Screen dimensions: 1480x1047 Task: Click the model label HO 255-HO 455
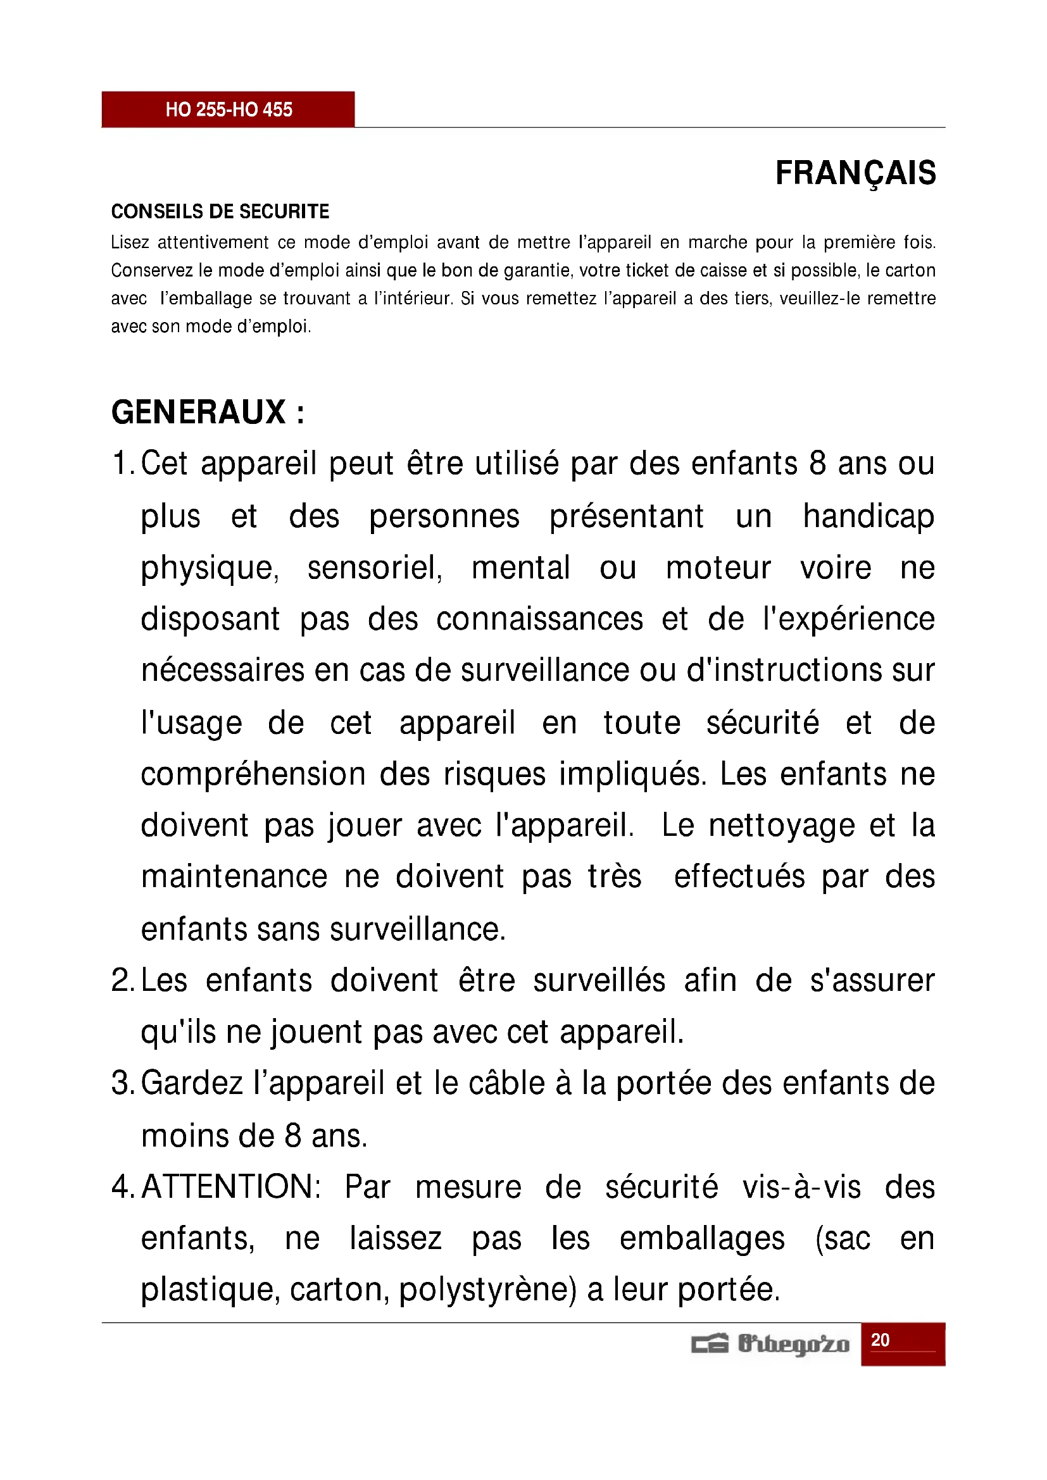pos(229,109)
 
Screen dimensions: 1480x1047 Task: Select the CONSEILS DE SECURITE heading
pos(220,211)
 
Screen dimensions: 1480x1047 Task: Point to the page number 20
pos(880,1341)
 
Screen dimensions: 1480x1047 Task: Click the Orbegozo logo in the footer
pos(770,1345)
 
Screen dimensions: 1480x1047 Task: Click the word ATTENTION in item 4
pos(230,1187)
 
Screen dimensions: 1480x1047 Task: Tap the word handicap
pos(868,516)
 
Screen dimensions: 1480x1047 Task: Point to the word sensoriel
pos(375,568)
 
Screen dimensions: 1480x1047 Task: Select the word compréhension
pos(253,774)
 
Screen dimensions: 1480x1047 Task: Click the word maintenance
pos(234,877)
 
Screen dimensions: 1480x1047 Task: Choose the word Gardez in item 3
pos(191,1083)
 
